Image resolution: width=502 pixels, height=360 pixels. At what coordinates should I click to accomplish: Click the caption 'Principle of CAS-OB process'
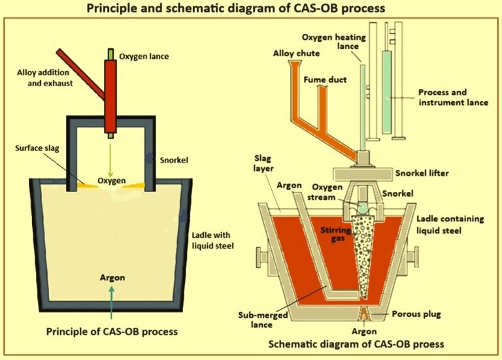[112, 331]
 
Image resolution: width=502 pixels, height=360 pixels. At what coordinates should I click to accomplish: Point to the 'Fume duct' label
[325, 80]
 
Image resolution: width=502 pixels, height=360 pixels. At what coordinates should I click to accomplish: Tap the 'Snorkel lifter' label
[429, 172]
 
